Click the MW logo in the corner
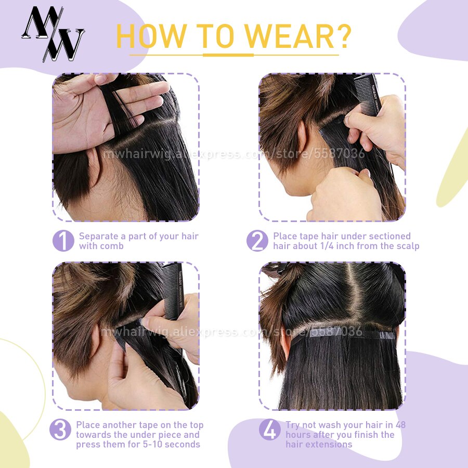[53, 34]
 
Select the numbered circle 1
[63, 241]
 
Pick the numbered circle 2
[257, 241]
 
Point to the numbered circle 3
[60, 430]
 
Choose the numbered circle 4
[270, 430]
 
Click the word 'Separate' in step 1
[98, 237]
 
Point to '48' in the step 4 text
[400, 425]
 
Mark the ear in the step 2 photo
[301, 135]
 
